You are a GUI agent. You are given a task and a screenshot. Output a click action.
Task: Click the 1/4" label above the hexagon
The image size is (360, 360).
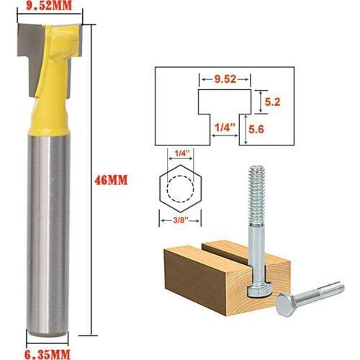(x=181, y=152)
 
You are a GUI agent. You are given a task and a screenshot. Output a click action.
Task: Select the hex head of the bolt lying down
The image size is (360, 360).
(x=285, y=305)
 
